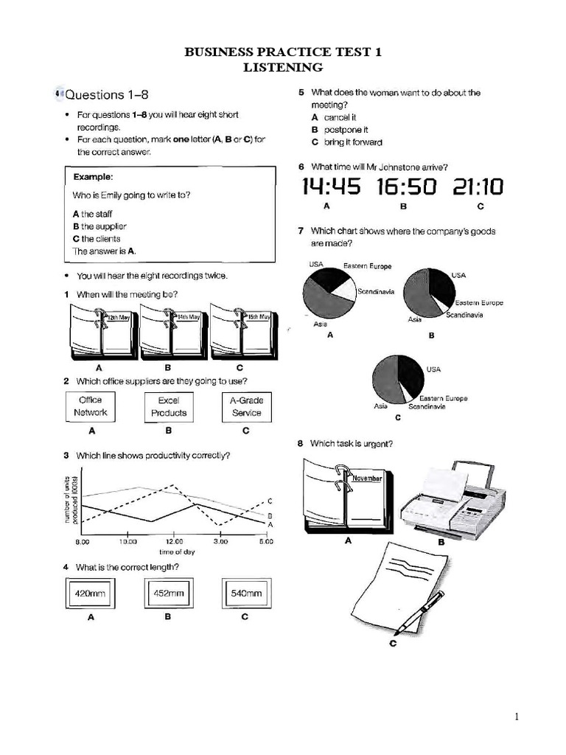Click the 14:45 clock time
click(331, 187)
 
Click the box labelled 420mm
click(91, 593)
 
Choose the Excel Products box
click(169, 406)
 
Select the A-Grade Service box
click(247, 406)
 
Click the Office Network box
click(91, 406)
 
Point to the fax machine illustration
click(451, 501)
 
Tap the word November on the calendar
click(367, 478)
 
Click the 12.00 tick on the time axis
click(174, 541)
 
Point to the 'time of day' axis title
click(177, 552)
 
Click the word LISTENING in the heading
click(283, 68)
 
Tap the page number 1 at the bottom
click(517, 716)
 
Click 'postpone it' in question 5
click(340, 130)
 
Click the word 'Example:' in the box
click(93, 178)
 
